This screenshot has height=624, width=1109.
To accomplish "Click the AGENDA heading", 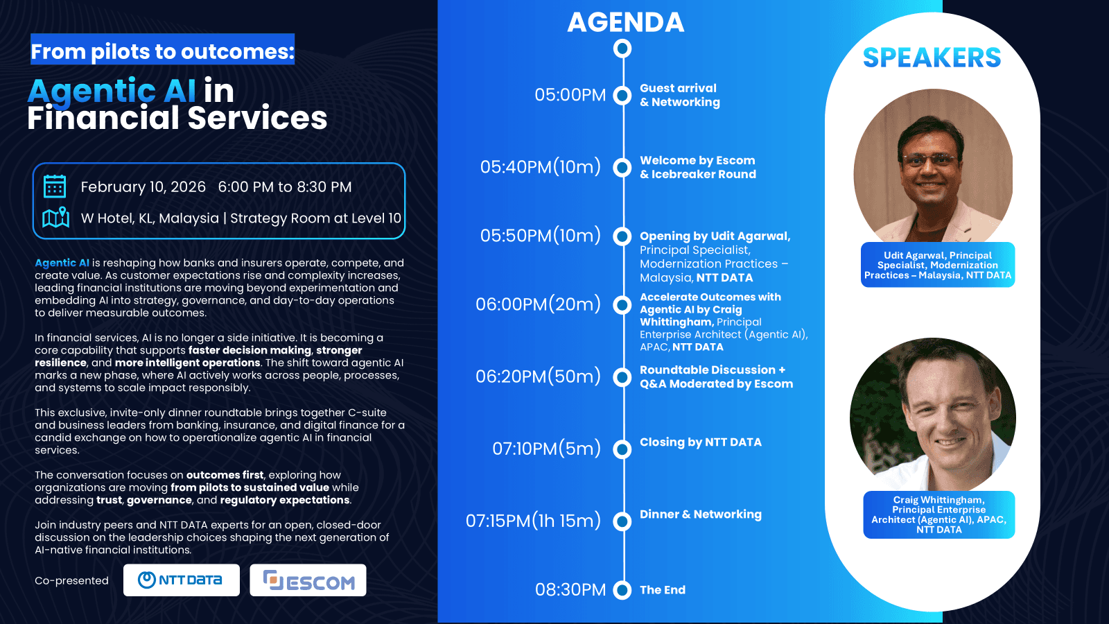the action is [x=626, y=22].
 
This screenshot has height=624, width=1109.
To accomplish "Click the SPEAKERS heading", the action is [x=932, y=58].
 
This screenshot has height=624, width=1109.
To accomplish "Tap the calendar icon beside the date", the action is [x=55, y=187].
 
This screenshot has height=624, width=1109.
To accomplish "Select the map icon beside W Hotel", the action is [x=55, y=218].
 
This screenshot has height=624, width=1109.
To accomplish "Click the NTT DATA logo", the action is [x=181, y=580].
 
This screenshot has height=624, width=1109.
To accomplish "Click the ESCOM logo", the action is [x=308, y=580].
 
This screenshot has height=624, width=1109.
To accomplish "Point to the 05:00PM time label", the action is [x=570, y=94].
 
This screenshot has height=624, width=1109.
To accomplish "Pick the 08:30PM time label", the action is [x=570, y=590].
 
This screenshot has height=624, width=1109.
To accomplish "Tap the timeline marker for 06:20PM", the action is [x=622, y=377].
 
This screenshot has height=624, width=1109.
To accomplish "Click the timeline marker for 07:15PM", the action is [x=622, y=521].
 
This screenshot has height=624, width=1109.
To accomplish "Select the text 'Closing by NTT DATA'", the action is [x=701, y=442].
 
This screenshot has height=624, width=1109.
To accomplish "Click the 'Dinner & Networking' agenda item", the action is [x=701, y=514].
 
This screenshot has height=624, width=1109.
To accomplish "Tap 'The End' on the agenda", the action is [x=663, y=590].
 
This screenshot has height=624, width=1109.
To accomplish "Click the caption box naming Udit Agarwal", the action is [x=938, y=265].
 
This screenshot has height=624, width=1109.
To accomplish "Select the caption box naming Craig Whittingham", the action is [x=938, y=514].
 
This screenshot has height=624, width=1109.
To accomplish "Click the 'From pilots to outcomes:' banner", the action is [x=162, y=49].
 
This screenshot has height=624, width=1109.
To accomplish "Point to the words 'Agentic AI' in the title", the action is [x=112, y=91].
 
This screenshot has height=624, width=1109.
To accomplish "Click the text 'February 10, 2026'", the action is [x=143, y=187].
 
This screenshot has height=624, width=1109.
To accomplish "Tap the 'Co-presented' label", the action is [x=71, y=580].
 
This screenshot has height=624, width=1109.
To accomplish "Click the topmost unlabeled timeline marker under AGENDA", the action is [x=622, y=49].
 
